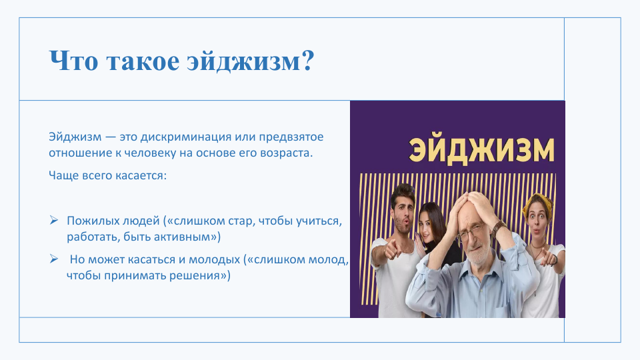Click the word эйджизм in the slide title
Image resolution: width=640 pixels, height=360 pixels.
pyautogui.click(x=244, y=61)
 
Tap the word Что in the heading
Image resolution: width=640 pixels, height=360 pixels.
pyautogui.click(x=73, y=61)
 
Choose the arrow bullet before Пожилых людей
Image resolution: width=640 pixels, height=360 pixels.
pyautogui.click(x=54, y=221)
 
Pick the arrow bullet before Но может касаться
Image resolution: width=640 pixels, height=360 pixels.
pyautogui.click(x=54, y=259)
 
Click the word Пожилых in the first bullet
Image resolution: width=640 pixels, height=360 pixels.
pyautogui.click(x=91, y=221)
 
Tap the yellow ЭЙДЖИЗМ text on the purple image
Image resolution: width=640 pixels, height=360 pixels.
pyautogui.click(x=482, y=151)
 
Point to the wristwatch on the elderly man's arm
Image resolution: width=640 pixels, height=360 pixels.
pyautogui.click(x=497, y=229)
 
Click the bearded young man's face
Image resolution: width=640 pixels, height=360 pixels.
pyautogui.click(x=403, y=215)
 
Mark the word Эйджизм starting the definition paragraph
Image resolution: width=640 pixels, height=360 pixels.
pyautogui.click(x=75, y=137)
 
